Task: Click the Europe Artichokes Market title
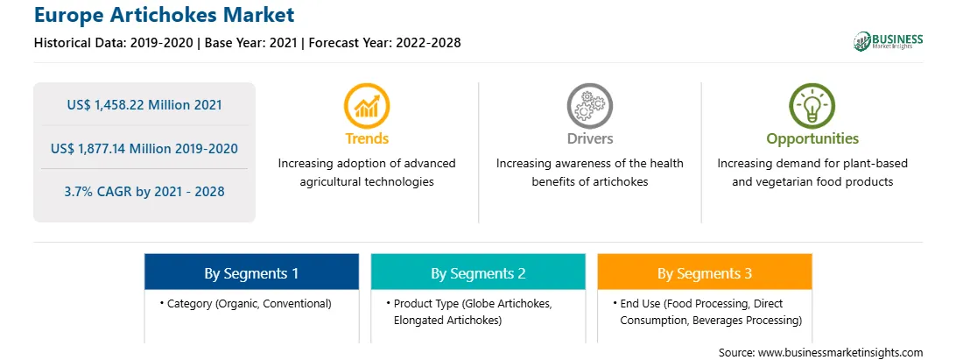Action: [165, 15]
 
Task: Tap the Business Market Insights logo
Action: [888, 41]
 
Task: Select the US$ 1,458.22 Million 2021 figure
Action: [144, 105]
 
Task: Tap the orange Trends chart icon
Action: [367, 106]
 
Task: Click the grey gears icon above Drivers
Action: [589, 106]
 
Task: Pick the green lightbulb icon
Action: [812, 106]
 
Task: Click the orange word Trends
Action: [367, 138]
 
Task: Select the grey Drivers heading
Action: [589, 138]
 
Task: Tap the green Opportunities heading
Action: [812, 139]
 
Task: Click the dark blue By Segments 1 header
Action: [251, 272]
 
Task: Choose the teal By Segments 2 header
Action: [478, 272]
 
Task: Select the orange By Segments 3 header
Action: [705, 272]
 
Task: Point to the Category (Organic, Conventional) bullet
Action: [246, 303]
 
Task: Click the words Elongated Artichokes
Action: [447, 321]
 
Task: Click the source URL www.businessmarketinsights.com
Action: [840, 352]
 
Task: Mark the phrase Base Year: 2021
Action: [250, 43]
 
